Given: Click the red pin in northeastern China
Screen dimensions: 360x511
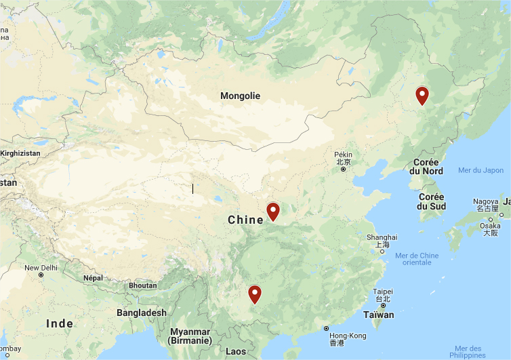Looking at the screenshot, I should point(422,96).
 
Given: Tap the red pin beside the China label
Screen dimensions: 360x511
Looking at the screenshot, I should point(273,212).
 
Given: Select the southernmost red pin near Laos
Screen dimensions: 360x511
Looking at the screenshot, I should point(255,294).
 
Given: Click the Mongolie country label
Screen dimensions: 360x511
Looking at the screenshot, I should point(240,96).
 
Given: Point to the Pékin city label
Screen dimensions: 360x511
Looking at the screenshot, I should point(343,155).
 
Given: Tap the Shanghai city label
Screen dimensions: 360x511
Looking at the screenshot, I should point(382,237).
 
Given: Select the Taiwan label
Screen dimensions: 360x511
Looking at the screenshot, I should point(378,315).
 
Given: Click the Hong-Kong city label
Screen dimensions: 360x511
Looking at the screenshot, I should point(347,336).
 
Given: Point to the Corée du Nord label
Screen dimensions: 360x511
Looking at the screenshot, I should point(427,167).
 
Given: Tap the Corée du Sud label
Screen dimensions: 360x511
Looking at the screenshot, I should point(432,201).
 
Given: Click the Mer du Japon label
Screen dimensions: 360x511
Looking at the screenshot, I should point(481,170).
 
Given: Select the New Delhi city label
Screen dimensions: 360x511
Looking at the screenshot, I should point(41,268).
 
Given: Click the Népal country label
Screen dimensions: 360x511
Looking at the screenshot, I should point(93,278).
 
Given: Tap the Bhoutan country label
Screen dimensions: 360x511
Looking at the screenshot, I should point(142,285).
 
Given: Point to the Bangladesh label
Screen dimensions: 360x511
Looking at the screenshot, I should point(141,313).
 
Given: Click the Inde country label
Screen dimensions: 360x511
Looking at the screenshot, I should point(60,323).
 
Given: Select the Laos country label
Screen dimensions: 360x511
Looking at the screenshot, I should point(235,351).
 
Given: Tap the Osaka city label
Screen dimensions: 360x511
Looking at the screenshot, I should point(490,226).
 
